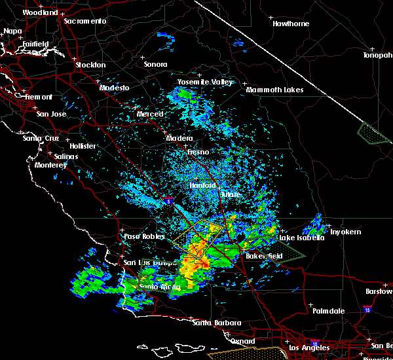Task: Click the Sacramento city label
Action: tap(85, 20)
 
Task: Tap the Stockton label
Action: tap(90, 65)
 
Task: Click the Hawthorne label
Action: tap(290, 24)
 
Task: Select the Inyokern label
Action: tap(345, 232)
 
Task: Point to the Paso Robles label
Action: tap(144, 236)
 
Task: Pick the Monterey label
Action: tap(51, 166)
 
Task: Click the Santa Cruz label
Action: tap(41, 138)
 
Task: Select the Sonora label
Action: tap(156, 65)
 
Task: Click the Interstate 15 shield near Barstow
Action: tap(367, 306)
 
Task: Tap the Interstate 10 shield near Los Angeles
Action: tap(315, 344)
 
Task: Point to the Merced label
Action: tap(150, 114)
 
